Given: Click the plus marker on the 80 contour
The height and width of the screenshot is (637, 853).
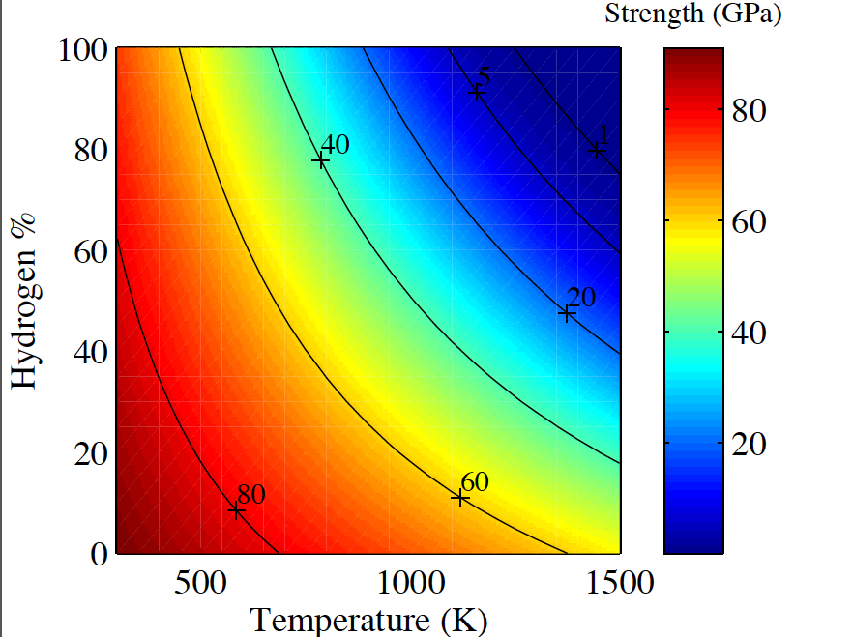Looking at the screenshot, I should (236, 509).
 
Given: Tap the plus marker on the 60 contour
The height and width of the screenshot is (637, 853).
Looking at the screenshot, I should (460, 497).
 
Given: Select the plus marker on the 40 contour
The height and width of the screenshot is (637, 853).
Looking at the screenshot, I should (320, 160).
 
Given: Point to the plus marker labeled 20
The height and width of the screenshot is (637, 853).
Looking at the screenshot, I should (568, 312).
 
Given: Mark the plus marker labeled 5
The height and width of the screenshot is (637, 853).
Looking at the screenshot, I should (477, 93).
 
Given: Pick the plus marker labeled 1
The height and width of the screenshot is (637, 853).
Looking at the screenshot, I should (598, 151).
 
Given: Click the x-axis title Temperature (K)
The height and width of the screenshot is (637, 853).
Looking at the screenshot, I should (368, 620).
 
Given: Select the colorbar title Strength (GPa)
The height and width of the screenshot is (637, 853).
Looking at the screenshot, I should (692, 14).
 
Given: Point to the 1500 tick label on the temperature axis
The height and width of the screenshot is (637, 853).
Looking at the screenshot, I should (620, 584).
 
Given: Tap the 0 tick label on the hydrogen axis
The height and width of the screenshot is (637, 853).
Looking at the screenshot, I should (97, 554).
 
